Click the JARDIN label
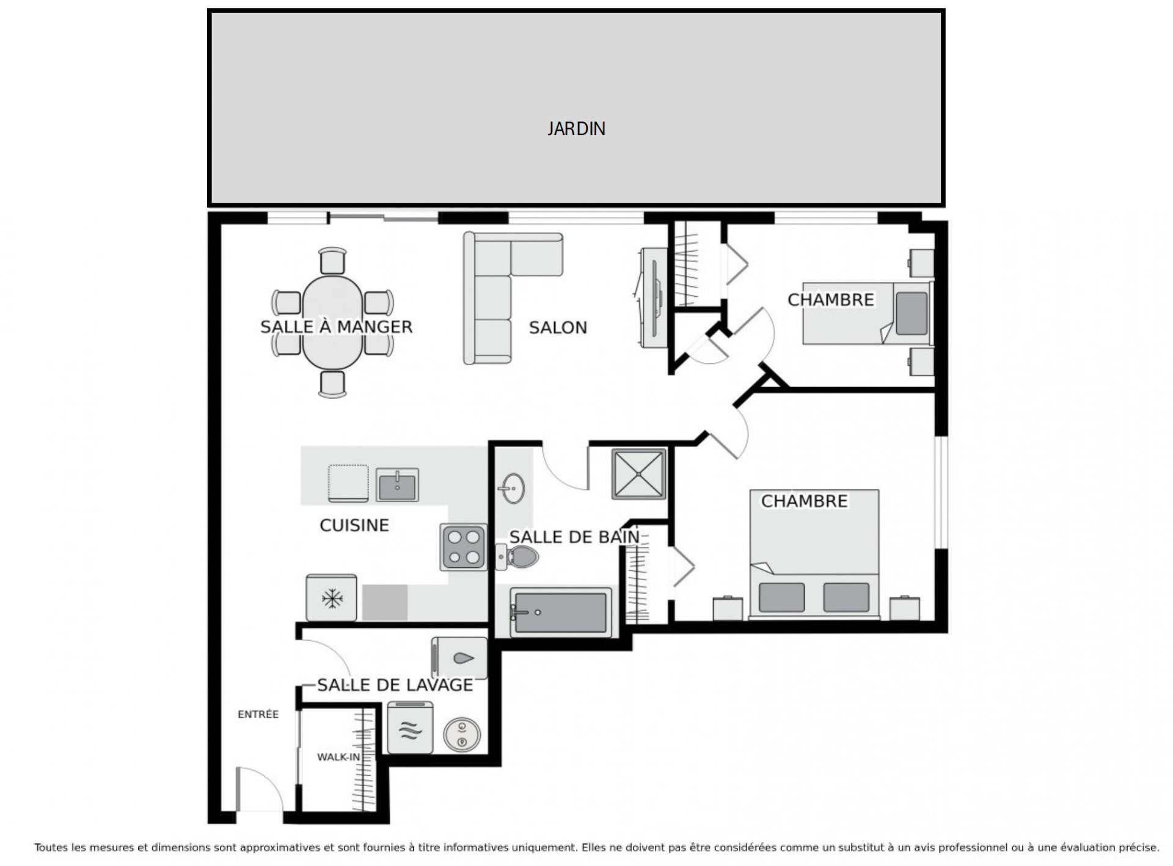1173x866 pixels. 576,129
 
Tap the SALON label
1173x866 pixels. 558,328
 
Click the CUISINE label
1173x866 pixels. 354,525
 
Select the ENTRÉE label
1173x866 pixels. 258,715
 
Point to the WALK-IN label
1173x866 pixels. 338,757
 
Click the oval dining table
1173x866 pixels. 332,323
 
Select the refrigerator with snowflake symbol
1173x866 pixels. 331,598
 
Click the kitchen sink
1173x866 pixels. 397,485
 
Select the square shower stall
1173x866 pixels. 638,474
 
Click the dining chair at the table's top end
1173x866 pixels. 332,261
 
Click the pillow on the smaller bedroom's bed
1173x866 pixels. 912,313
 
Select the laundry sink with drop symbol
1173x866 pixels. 459,658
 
